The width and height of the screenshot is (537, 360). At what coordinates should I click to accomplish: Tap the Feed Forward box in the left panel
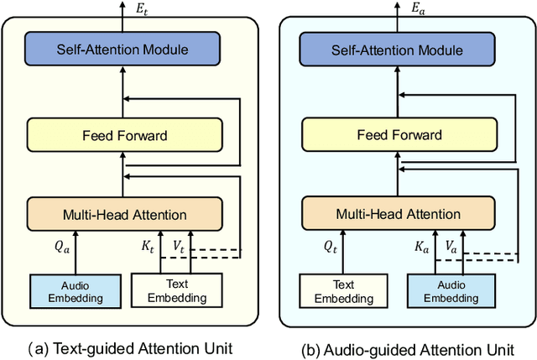124,134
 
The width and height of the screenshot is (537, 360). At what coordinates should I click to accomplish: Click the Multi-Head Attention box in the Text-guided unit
124,215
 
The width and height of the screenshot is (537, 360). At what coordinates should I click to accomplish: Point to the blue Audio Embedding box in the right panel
447,291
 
